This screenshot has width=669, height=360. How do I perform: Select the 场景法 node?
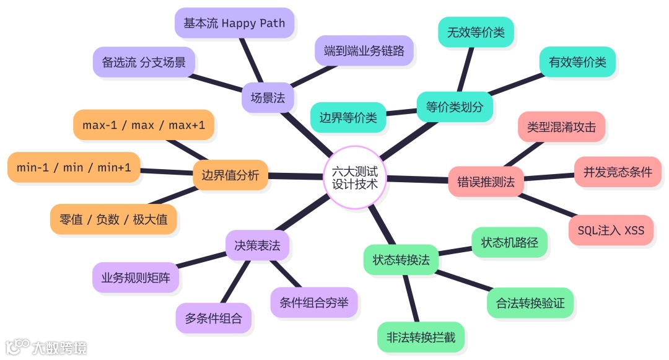click(x=268, y=97)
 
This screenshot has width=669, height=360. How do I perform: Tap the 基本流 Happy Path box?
click(x=234, y=24)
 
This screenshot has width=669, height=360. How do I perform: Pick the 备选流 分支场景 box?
click(x=144, y=62)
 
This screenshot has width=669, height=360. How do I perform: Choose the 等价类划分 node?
click(x=455, y=107)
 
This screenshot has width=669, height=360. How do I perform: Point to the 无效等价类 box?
click(x=476, y=32)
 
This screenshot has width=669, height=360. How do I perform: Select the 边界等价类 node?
click(x=348, y=117)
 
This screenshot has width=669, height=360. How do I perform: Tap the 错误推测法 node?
click(x=486, y=182)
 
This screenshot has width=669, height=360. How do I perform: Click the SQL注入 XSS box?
click(x=611, y=230)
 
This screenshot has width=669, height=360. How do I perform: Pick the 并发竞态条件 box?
click(x=618, y=172)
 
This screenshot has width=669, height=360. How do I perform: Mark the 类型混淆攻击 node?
click(x=561, y=127)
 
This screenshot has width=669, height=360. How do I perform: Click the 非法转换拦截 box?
click(x=421, y=338)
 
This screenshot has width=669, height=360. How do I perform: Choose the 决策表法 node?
click(x=257, y=245)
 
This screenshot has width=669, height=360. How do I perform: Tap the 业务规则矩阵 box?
click(x=136, y=277)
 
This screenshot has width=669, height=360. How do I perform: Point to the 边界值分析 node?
click(x=230, y=175)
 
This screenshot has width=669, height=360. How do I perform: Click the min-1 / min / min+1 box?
click(x=74, y=167)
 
